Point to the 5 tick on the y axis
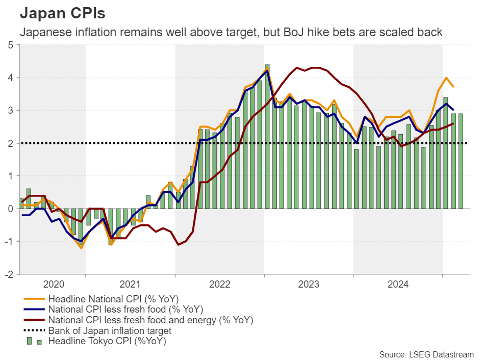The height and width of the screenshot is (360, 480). pyautogui.click(x=11, y=45)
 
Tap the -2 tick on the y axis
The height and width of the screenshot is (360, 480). pyautogui.click(x=9, y=274)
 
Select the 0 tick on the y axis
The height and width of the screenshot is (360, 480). pyautogui.click(x=11, y=209)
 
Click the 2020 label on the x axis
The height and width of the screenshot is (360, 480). pyautogui.click(x=54, y=284)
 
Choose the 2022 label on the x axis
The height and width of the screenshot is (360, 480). pyautogui.click(x=219, y=284)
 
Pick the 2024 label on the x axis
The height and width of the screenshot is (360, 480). pyautogui.click(x=398, y=284)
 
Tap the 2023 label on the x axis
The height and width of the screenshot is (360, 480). pyautogui.click(x=309, y=284)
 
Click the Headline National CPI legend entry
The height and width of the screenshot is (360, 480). pyautogui.click(x=113, y=299)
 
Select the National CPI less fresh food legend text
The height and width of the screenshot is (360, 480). pyautogui.click(x=125, y=310)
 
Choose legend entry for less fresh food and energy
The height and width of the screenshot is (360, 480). pyautogui.click(x=150, y=320)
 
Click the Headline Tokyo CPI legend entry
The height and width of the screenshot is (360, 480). pyautogui.click(x=107, y=342)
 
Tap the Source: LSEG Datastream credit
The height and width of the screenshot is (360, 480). pyautogui.click(x=426, y=354)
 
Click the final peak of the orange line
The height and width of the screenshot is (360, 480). pyautogui.click(x=446, y=78)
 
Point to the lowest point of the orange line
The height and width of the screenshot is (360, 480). pyautogui.click(x=81, y=248)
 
